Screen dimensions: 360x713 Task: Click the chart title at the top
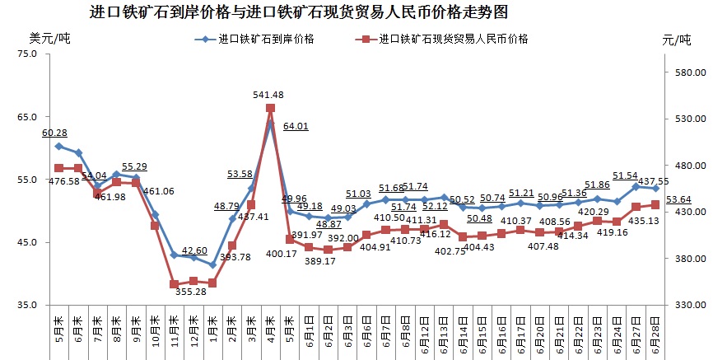pos(298,12)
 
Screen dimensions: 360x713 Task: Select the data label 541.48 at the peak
pos(269,95)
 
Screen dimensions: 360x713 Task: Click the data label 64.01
pos(296,126)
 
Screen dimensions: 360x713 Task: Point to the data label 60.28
pos(54,133)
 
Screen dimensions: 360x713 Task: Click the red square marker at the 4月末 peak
pos(270,108)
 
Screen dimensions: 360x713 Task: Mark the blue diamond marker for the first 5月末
pos(58,146)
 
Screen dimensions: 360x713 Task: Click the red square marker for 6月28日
pos(655,204)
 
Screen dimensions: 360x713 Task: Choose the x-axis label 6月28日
pos(655,334)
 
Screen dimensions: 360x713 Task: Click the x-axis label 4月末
pos(270,330)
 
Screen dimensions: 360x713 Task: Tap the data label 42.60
pos(194,250)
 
